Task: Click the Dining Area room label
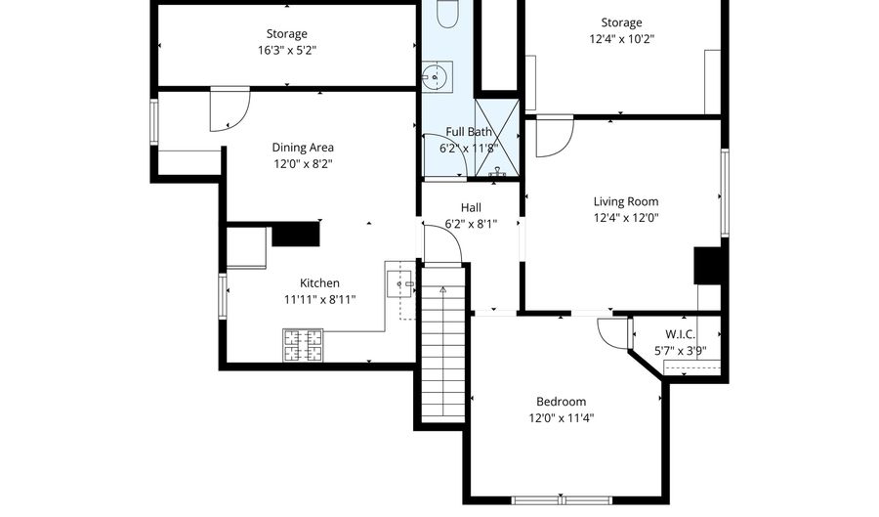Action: (x=303, y=148)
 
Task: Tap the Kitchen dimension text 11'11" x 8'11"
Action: (x=319, y=300)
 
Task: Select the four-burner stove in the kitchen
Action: (x=303, y=345)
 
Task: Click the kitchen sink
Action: (x=399, y=283)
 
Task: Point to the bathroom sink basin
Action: (x=438, y=76)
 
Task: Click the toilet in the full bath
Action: (x=447, y=14)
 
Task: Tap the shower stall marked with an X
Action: (x=497, y=138)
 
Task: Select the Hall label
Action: (x=471, y=208)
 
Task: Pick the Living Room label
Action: (x=626, y=201)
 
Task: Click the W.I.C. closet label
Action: (x=680, y=335)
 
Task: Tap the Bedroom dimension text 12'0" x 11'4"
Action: (x=562, y=418)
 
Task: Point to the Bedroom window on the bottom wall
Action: (x=562, y=500)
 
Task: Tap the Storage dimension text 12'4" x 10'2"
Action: (x=622, y=39)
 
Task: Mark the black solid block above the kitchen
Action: (x=295, y=234)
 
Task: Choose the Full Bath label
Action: (x=469, y=132)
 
